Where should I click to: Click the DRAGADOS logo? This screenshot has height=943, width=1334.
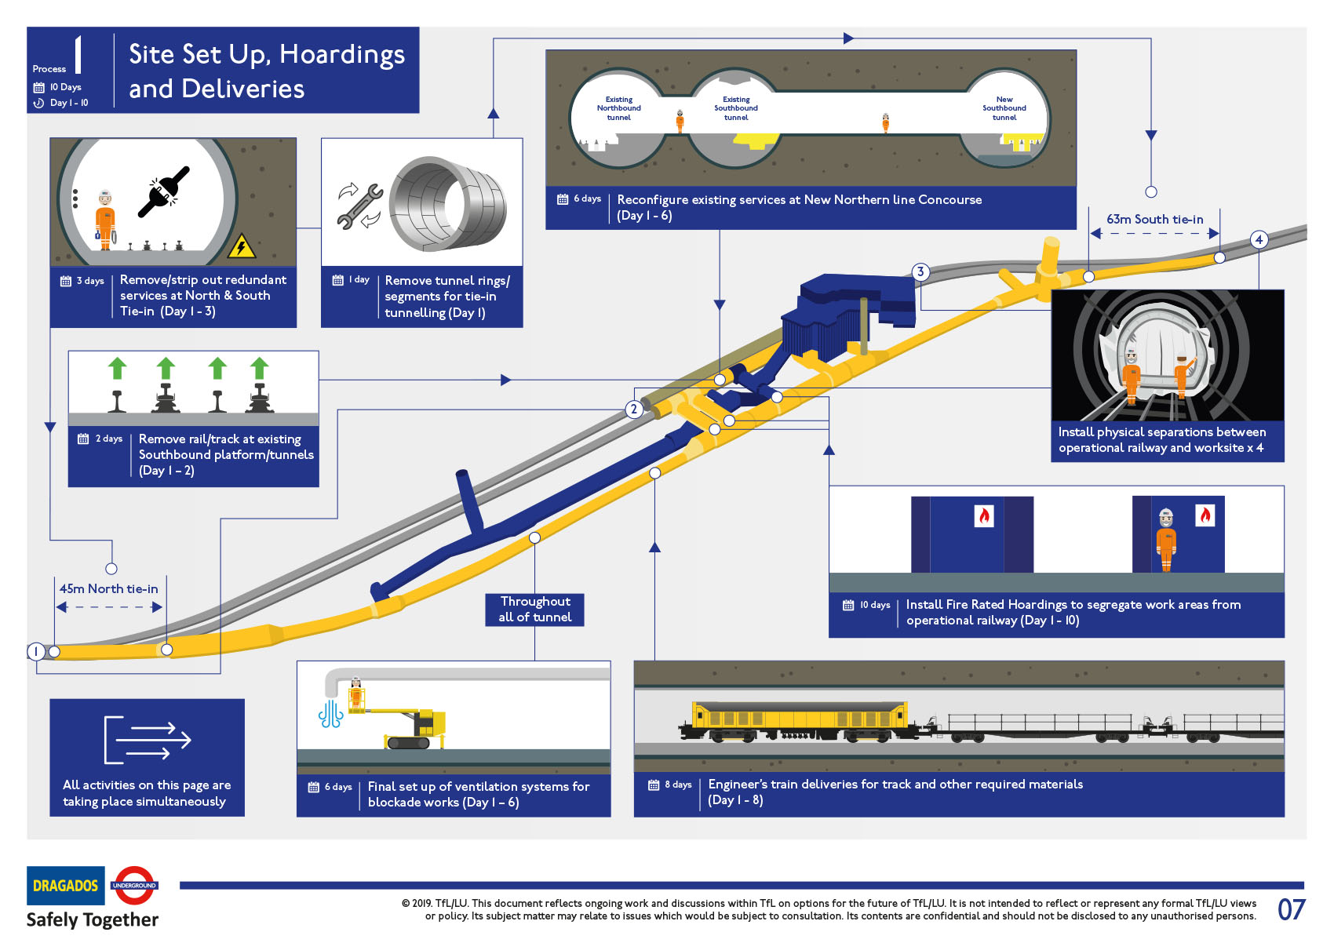[65, 886]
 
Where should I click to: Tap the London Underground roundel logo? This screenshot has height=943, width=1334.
[134, 886]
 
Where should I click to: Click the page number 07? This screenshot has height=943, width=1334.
[1291, 910]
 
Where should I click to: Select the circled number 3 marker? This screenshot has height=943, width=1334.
[920, 272]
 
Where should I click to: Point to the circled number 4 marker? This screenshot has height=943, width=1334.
[1259, 240]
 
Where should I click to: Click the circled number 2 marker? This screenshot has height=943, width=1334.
[634, 410]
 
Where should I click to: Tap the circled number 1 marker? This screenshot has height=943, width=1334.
[36, 651]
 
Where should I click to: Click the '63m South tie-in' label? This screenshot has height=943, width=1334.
[1154, 220]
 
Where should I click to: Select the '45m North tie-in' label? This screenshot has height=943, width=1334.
[109, 589]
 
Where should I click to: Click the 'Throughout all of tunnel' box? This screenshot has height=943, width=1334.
[535, 610]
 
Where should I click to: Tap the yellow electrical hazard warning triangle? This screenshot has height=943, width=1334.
[241, 247]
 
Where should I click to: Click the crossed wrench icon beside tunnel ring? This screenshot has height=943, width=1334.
[359, 206]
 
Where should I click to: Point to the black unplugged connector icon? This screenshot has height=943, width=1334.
[164, 191]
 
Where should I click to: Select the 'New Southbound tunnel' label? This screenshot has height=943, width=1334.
[1004, 108]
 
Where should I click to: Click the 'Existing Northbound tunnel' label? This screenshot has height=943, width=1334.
[618, 108]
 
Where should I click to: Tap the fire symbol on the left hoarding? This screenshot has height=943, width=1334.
[983, 515]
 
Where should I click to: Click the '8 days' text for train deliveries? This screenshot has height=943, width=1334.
[678, 785]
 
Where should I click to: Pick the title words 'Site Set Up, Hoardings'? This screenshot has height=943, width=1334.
[267, 54]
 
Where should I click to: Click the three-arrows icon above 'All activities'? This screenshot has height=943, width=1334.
[148, 740]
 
